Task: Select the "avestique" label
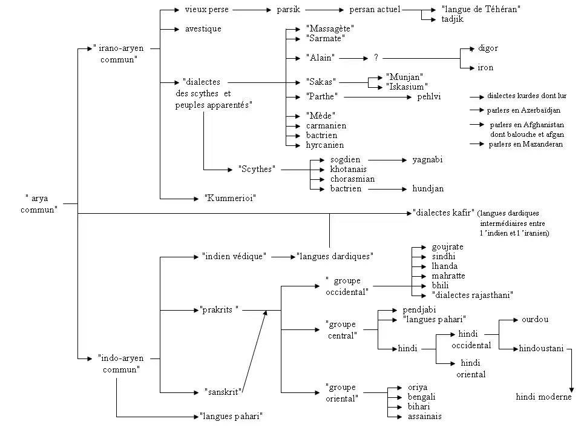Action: coord(203,28)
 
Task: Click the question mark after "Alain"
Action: coord(376,58)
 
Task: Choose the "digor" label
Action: coord(488,48)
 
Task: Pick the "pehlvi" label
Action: coord(429,96)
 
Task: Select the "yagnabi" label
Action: coord(427,160)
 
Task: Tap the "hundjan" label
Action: coord(428,188)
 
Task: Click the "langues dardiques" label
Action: coord(334,256)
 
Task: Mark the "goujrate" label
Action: coord(447,247)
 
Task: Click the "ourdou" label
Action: coord(535,319)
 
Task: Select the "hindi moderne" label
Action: coord(543,397)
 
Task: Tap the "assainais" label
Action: coord(424,416)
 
